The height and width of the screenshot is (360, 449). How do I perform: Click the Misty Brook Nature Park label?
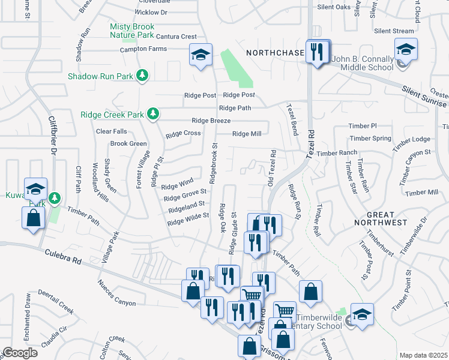point(132,31)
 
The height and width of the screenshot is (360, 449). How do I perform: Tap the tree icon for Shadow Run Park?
point(142,76)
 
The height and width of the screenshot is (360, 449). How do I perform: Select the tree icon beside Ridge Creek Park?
point(153,114)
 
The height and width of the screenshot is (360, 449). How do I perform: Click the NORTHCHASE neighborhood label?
point(276,53)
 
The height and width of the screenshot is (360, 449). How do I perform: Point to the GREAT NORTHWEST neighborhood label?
point(380,218)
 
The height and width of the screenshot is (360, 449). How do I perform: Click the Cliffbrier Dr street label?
point(52,151)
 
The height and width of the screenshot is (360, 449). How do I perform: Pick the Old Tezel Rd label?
point(271,168)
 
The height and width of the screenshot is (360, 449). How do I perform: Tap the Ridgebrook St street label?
point(213,163)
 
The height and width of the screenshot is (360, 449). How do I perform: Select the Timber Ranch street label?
point(337,154)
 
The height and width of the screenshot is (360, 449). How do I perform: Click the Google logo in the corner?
point(20,353)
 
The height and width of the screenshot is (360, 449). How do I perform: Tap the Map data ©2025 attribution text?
point(423,355)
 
